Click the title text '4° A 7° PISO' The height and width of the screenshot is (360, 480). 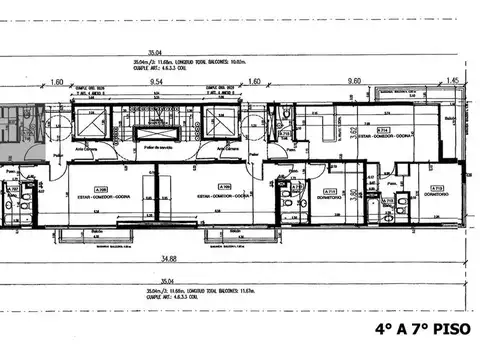tap(425, 327)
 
